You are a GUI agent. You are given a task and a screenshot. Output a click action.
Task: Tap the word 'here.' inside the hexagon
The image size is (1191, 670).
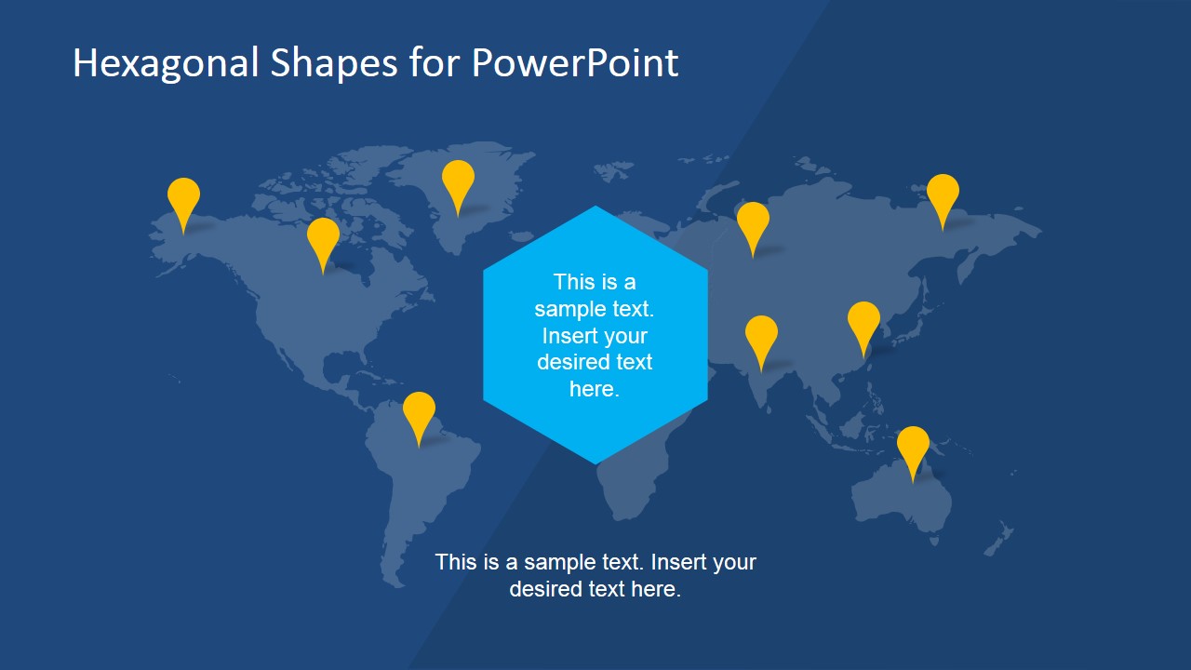(x=595, y=389)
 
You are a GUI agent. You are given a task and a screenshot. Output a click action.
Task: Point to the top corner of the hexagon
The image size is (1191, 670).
(x=595, y=207)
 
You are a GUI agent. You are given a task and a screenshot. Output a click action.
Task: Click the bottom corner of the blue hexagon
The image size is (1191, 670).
(x=595, y=464)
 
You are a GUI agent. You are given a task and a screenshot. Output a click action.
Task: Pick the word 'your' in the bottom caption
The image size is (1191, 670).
(x=734, y=563)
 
